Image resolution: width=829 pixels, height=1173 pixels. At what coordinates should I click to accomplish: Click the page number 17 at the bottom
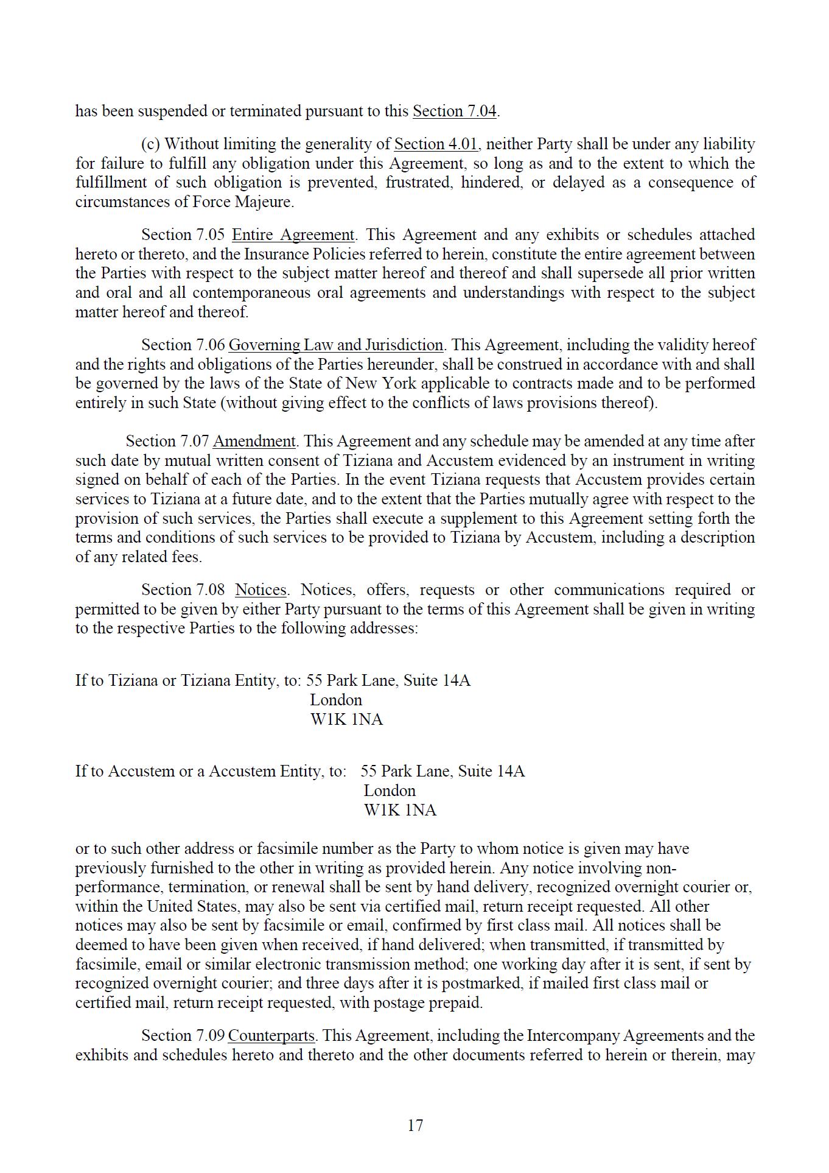pos(415,1125)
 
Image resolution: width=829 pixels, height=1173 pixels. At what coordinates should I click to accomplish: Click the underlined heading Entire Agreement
pos(293,235)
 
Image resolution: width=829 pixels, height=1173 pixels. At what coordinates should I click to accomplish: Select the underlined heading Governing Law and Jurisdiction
pos(335,345)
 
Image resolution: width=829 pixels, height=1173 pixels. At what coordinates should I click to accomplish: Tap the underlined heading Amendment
pos(254,442)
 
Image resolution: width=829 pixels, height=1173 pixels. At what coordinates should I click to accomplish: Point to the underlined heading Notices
pos(261,590)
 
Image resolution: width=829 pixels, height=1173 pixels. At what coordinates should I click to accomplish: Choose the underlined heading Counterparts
pos(271,1036)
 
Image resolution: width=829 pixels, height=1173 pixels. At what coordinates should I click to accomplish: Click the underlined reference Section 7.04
pos(455,111)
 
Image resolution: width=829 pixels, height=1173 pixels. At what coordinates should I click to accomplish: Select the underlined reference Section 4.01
pos(436,144)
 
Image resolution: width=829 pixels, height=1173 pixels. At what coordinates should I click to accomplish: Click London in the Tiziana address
pos(336,700)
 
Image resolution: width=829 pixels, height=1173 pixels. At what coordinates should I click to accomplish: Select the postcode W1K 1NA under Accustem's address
pos(400,811)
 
